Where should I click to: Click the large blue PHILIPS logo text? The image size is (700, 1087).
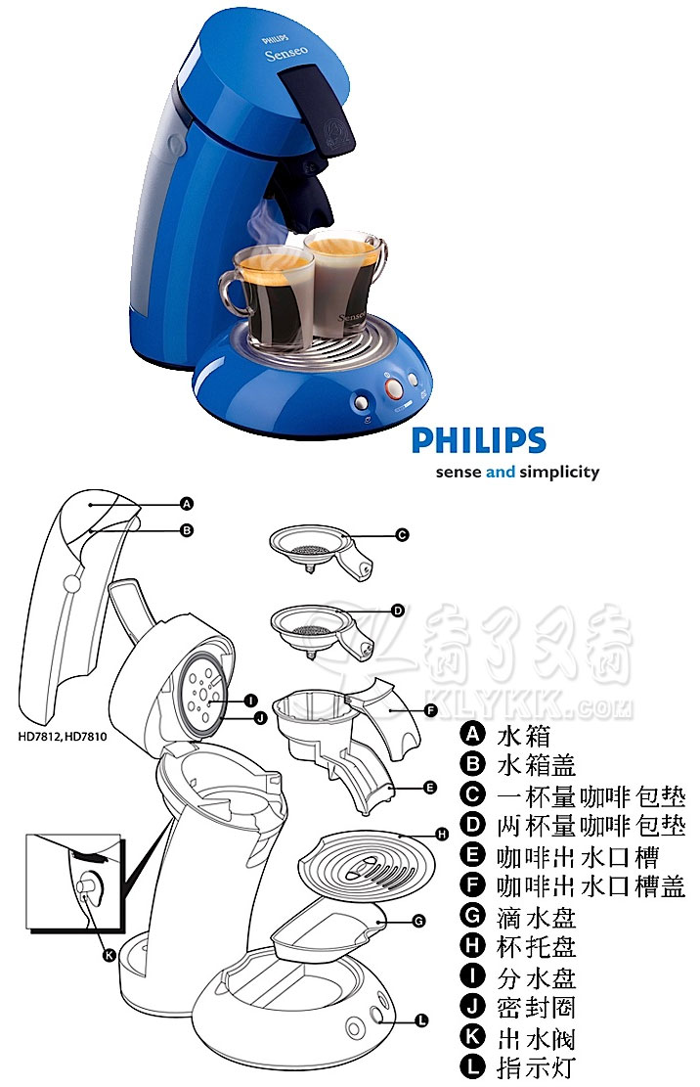pyautogui.click(x=479, y=440)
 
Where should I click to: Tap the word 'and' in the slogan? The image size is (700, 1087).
pyautogui.click(x=500, y=473)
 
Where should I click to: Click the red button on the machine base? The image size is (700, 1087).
pyautogui.click(x=393, y=387)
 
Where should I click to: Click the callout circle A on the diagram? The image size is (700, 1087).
pyautogui.click(x=186, y=504)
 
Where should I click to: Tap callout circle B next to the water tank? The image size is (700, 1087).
pyautogui.click(x=187, y=530)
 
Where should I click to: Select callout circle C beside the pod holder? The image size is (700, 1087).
pyautogui.click(x=402, y=535)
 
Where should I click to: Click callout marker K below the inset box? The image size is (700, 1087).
pyautogui.click(x=109, y=956)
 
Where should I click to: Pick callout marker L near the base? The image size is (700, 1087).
pyautogui.click(x=421, y=1020)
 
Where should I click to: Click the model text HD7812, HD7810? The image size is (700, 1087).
pyautogui.click(x=63, y=736)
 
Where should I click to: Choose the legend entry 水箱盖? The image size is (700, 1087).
pyautogui.click(x=536, y=765)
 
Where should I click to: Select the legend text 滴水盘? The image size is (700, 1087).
pyautogui.click(x=536, y=917)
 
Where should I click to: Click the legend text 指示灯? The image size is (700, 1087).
pyautogui.click(x=536, y=1067)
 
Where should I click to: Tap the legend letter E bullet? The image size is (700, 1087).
pyautogui.click(x=472, y=855)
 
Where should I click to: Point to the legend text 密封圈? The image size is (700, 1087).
pyautogui.click(x=536, y=1008)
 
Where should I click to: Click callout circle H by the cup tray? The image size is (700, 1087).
pyautogui.click(x=443, y=835)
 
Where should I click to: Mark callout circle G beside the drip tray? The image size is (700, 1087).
pyautogui.click(x=418, y=922)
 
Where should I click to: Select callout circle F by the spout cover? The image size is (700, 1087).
pyautogui.click(x=431, y=710)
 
